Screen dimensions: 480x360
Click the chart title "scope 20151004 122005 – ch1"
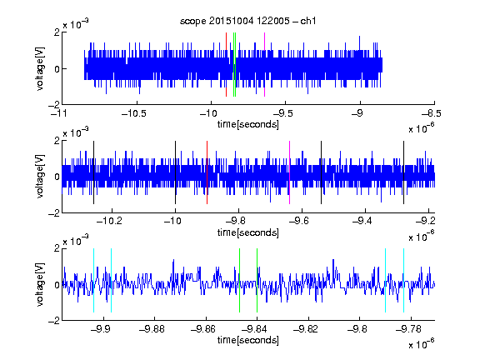(247, 21)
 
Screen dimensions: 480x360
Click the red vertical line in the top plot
(226, 65)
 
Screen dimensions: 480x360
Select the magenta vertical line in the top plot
(264, 65)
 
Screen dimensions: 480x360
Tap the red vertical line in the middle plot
(207, 172)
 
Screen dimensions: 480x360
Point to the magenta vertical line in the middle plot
(290, 172)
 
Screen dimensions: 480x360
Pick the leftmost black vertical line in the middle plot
(93, 172)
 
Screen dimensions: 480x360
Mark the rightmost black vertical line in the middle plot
(404, 172)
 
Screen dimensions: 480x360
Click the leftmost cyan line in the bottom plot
(93, 280)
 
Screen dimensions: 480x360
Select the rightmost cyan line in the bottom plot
(404, 280)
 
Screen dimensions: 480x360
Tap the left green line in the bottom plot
(239, 280)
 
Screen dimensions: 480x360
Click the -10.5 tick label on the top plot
(134, 113)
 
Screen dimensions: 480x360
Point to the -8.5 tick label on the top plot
(432, 113)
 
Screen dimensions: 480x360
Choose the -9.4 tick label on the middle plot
(362, 221)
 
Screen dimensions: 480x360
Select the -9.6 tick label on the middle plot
(299, 221)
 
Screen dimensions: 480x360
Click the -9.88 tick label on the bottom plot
(152, 329)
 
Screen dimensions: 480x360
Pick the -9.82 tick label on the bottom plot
(306, 329)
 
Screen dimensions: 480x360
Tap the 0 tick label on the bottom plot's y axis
(57, 285)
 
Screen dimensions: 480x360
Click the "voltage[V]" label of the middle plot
(40, 177)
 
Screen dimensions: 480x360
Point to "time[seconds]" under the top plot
(248, 125)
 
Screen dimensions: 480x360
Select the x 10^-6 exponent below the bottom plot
(422, 344)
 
